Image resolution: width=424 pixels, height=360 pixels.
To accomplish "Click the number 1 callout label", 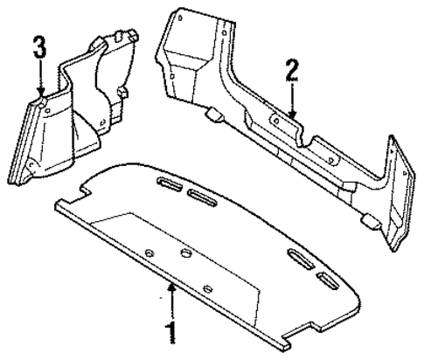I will (x=172, y=333).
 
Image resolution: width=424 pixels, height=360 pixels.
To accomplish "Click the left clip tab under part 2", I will (x=214, y=113).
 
